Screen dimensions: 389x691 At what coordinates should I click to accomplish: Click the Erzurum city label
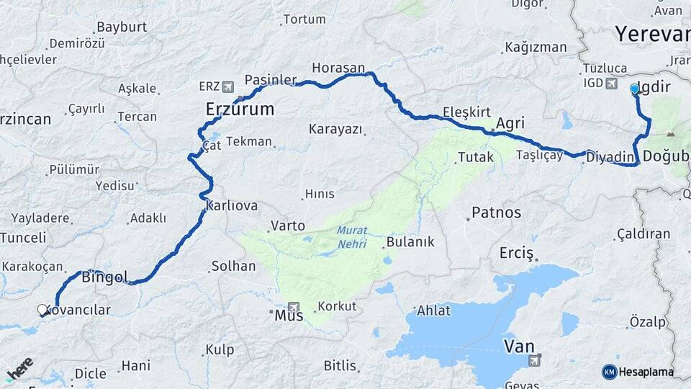240,109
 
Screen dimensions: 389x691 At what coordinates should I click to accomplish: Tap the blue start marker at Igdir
634,89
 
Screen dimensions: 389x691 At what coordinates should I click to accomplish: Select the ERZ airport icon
228,86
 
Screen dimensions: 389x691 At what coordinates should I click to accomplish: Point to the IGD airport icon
612,84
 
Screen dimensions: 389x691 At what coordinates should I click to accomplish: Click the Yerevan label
652,34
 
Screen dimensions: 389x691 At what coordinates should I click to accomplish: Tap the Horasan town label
338,68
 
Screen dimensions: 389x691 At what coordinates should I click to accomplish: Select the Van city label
519,346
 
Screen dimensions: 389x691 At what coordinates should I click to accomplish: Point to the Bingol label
104,277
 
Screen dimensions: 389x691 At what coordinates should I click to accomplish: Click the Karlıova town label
232,205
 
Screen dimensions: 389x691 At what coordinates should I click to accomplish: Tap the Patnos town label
496,213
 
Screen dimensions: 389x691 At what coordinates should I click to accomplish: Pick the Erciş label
517,253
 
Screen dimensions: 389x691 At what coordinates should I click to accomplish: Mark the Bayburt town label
122,27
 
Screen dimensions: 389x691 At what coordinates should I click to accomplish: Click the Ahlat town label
433,310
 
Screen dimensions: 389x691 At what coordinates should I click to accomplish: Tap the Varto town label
288,225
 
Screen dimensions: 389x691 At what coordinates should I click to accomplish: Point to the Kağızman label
536,47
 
